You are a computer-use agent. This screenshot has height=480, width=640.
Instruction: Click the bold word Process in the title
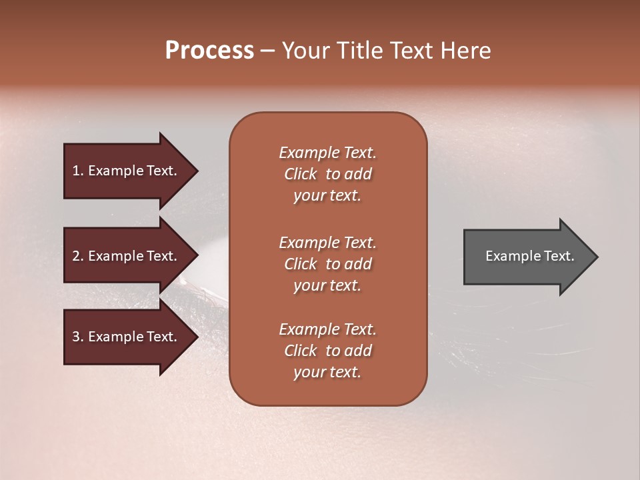209,51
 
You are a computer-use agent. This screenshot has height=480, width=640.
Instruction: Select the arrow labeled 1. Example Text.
127,171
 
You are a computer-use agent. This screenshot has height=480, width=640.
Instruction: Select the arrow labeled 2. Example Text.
127,256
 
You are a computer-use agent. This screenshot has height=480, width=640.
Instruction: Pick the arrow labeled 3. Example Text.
127,337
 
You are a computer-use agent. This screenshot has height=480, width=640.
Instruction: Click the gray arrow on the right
527,256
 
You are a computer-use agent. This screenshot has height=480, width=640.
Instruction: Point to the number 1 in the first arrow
76,171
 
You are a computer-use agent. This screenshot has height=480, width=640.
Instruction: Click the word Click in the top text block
301,174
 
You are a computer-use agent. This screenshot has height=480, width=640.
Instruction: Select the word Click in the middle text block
301,264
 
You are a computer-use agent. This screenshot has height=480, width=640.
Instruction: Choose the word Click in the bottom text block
301,351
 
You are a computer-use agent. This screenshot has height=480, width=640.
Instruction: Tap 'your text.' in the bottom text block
327,373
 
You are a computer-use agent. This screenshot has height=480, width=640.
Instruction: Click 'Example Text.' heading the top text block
327,153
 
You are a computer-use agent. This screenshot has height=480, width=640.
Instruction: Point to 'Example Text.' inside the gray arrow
530,256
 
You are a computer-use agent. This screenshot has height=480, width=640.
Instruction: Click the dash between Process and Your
268,51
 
